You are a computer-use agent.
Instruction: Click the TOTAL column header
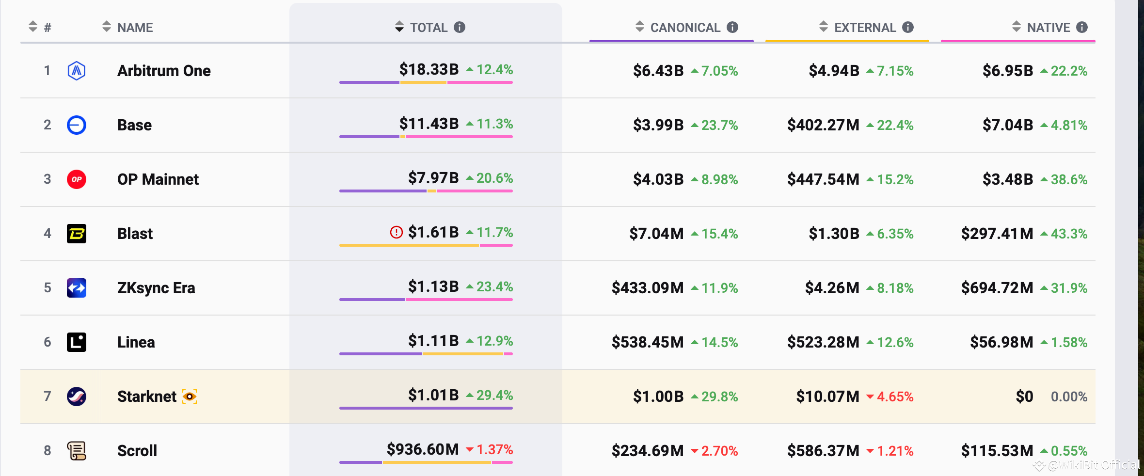[x=429, y=28]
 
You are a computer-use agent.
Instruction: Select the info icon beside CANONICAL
[x=732, y=28]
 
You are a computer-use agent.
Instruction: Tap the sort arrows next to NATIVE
[x=1017, y=27]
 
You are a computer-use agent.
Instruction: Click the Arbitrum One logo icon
[x=77, y=71]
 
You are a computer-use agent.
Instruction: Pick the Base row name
[x=134, y=125]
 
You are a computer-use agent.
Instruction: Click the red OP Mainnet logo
[x=77, y=179]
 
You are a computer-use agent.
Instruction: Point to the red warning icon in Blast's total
[x=396, y=233]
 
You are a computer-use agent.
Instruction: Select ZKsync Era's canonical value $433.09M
[x=647, y=288]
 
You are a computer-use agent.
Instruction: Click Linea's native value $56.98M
[x=1001, y=342]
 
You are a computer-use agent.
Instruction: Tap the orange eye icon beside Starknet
[x=190, y=397]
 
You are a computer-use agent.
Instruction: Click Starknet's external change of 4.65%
[x=895, y=397]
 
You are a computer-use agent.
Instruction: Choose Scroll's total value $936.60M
[x=422, y=449]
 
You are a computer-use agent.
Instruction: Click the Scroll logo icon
[x=77, y=451]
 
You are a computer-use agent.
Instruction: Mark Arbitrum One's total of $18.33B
[x=429, y=69]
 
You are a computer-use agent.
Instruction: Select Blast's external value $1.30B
[x=834, y=234]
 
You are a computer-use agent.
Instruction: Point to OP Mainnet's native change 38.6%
[x=1068, y=179]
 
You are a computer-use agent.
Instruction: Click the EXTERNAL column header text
[x=865, y=28]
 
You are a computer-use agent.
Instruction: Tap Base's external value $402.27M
[x=823, y=125]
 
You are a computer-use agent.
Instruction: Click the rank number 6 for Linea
[x=48, y=342]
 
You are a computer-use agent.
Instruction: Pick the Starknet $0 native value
[x=1024, y=397]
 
